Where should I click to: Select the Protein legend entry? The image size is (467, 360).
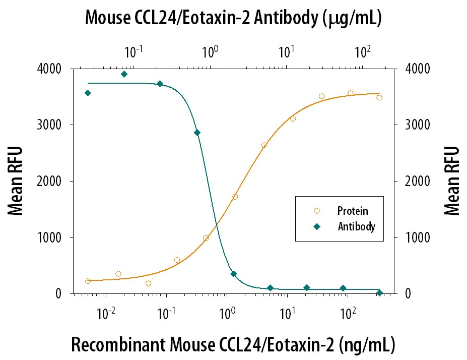(352, 211)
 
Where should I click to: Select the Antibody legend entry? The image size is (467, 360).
(356, 226)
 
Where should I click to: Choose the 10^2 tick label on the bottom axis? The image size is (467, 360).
(346, 314)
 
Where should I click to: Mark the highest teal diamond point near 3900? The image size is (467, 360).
(124, 74)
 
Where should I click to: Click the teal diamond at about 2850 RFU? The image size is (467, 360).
(197, 133)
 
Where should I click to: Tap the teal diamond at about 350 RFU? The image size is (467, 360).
(234, 274)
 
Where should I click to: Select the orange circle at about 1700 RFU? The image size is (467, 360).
(235, 197)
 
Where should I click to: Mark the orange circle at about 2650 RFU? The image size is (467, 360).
(264, 145)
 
